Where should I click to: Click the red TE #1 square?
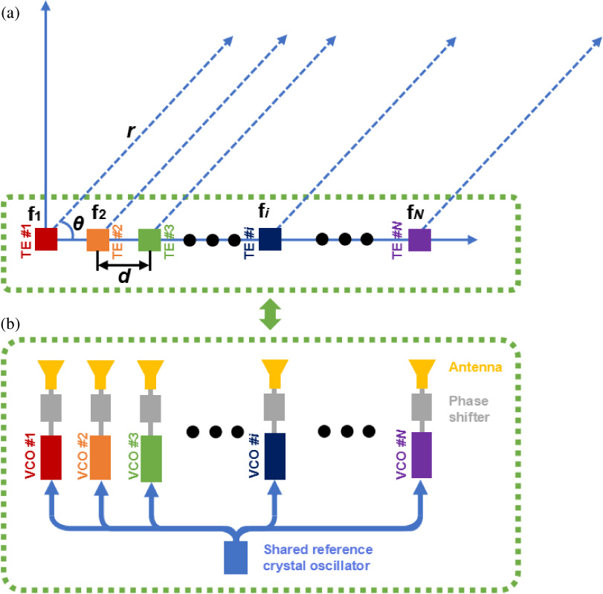[x=46, y=240]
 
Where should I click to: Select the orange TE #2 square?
[x=98, y=240]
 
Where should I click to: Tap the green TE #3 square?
[x=150, y=240]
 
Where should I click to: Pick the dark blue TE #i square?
[x=269, y=240]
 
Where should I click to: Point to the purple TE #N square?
[x=419, y=240]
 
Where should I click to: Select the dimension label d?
[x=124, y=275]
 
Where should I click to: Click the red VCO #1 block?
[x=51, y=457]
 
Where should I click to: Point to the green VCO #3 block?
[x=151, y=457]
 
